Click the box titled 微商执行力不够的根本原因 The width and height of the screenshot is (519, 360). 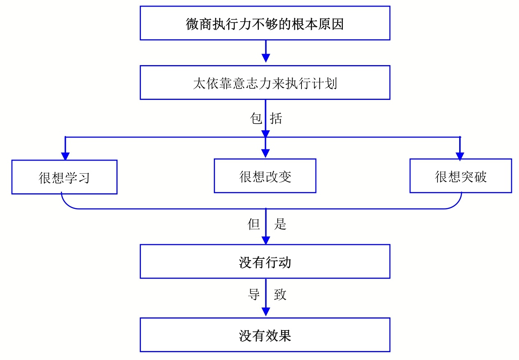265,23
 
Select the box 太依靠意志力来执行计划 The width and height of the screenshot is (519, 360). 265,83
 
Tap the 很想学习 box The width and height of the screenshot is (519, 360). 64,177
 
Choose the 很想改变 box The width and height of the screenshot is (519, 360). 265,176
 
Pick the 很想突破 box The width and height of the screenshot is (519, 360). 461,176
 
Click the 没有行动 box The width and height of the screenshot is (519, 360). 265,262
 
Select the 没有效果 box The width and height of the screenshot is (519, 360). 265,335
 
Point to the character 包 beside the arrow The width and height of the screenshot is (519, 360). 256,118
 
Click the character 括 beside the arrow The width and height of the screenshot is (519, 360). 276,118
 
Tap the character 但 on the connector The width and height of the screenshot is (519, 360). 254,224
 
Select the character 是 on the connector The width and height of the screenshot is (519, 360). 280,224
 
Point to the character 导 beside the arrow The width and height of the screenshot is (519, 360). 254,294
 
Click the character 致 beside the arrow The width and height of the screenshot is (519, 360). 280,294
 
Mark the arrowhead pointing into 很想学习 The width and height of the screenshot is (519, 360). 66,156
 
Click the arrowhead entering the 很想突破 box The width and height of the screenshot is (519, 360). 460,156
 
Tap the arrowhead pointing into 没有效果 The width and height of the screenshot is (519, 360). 266,312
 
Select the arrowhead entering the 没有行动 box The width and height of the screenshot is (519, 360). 266,240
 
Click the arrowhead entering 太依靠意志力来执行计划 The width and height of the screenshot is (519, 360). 266,58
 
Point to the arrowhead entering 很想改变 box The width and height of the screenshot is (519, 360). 265,154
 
